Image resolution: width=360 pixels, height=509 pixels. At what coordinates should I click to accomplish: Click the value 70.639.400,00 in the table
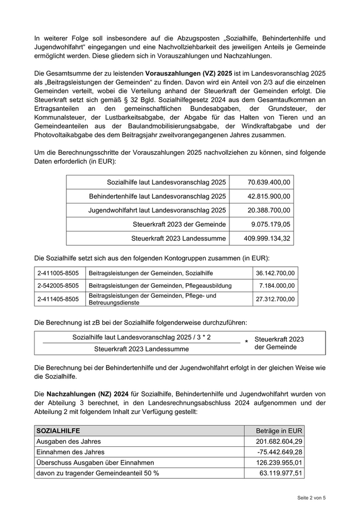coord(268,183)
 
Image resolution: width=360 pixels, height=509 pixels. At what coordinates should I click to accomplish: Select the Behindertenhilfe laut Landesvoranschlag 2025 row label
coord(157,196)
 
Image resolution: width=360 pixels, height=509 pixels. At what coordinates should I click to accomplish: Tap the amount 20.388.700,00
coord(268,210)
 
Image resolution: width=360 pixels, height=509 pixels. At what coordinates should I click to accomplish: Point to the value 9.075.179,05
coord(271,224)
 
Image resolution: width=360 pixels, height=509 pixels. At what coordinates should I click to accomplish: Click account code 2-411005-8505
coord(58,273)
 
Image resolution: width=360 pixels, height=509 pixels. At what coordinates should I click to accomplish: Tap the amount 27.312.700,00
coord(275,299)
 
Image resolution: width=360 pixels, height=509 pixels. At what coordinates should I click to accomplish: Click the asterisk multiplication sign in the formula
coord(246,342)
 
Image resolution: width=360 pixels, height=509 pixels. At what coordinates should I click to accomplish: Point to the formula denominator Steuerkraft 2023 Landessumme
coord(141,349)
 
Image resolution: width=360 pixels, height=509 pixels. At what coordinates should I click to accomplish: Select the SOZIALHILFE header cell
coord(58,431)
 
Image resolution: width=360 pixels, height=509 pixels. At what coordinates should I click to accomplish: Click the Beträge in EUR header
coord(280,431)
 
